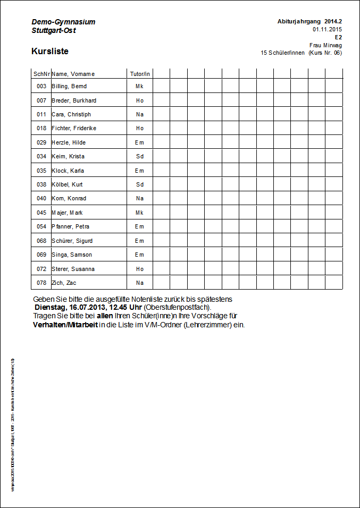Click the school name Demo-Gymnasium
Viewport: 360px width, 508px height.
(x=63, y=22)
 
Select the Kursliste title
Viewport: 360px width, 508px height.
(x=50, y=52)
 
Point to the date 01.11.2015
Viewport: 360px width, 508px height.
(x=327, y=29)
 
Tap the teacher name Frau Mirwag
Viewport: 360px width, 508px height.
(x=325, y=45)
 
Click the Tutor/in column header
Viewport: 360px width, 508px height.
(x=140, y=74)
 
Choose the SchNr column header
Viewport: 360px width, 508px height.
(x=41, y=74)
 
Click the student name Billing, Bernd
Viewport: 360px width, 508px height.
(x=69, y=86)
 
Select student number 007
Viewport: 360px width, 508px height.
(x=41, y=100)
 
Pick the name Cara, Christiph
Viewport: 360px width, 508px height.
(x=71, y=114)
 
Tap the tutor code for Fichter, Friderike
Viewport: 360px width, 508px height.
(x=140, y=128)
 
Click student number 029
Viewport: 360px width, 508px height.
(x=41, y=142)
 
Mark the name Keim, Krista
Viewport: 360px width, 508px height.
(x=68, y=156)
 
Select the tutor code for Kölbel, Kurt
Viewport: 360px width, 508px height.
(x=140, y=184)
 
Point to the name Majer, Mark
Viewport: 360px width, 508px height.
(x=67, y=213)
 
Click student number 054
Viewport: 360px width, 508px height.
(x=41, y=226)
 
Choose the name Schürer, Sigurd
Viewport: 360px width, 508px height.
(x=72, y=241)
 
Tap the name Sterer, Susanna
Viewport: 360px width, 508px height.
(x=73, y=269)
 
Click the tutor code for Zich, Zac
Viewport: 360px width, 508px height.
(x=140, y=283)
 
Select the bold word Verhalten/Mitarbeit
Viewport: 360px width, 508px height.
(x=65, y=325)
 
